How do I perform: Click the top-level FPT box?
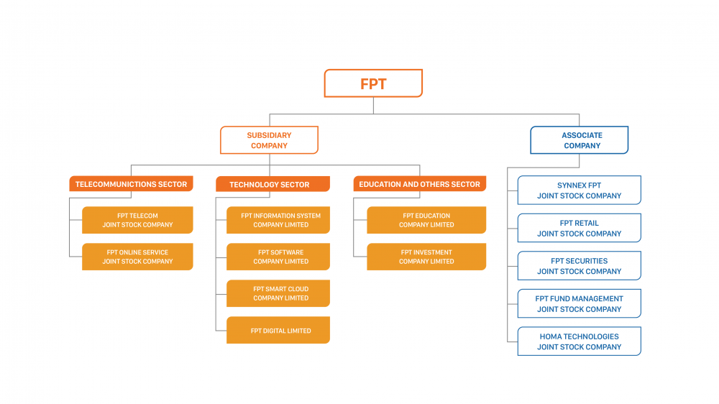(373, 83)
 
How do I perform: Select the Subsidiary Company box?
(269, 140)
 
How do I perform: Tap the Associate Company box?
(580, 140)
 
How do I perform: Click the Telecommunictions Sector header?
(131, 184)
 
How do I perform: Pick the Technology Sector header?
(273, 185)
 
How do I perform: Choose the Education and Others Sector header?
(419, 184)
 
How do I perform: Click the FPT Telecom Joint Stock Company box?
(137, 220)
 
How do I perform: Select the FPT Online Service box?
(137, 257)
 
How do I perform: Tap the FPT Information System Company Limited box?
(278, 220)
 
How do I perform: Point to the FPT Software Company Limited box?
(278, 257)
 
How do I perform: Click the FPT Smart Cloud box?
(278, 293)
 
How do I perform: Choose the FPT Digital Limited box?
(278, 331)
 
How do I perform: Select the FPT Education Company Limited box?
(426, 220)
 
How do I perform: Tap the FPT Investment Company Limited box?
(426, 257)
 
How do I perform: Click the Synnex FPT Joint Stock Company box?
(579, 190)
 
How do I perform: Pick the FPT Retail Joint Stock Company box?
(579, 228)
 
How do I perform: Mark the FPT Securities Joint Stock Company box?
(579, 266)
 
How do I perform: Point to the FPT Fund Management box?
(579, 303)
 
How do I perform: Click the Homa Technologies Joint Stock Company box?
(579, 341)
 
